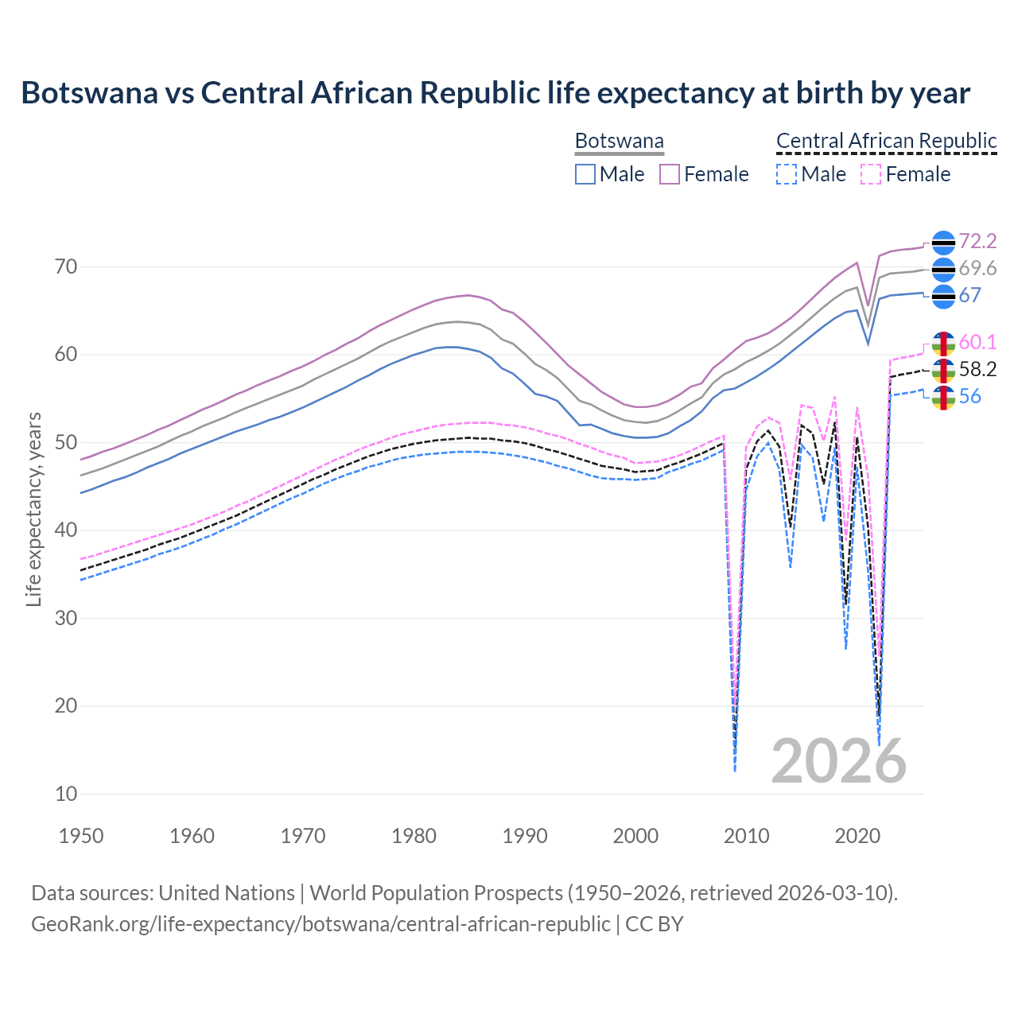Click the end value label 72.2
pos(977,241)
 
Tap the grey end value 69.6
pos(977,269)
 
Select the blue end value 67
pos(969,295)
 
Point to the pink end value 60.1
pos(977,342)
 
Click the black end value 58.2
pos(977,369)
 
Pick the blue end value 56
pos(969,396)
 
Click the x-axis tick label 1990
pos(525,836)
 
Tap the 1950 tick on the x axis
pos(81,836)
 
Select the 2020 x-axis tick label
pos(857,836)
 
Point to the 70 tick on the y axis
pos(66,266)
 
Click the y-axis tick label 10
pos(66,794)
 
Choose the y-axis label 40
pos(66,530)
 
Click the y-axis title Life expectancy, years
pos(33,509)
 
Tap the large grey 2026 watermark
pos(838,761)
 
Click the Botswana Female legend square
pos(670,174)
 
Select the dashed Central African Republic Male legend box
pos(786,174)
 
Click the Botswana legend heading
pos(619,141)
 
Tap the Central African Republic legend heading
pos(886,141)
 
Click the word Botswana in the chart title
pos(89,92)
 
